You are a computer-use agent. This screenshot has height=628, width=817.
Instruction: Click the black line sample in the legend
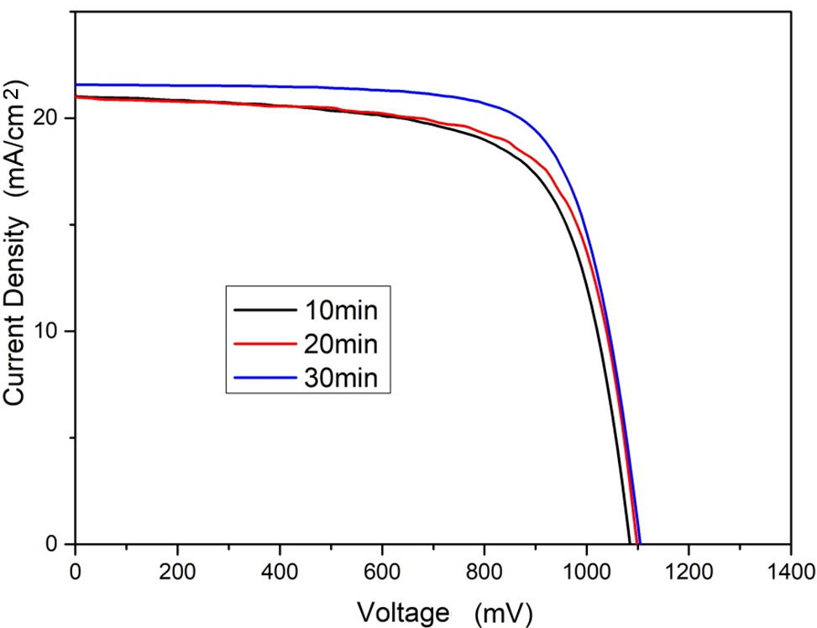pos(262,310)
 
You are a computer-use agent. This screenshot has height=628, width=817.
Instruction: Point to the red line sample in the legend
pos(262,344)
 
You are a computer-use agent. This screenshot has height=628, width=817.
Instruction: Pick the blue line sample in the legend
pos(262,379)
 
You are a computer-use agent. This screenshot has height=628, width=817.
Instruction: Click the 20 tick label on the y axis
pos(53,118)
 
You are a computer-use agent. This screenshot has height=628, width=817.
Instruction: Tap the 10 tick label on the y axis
pos(53,332)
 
